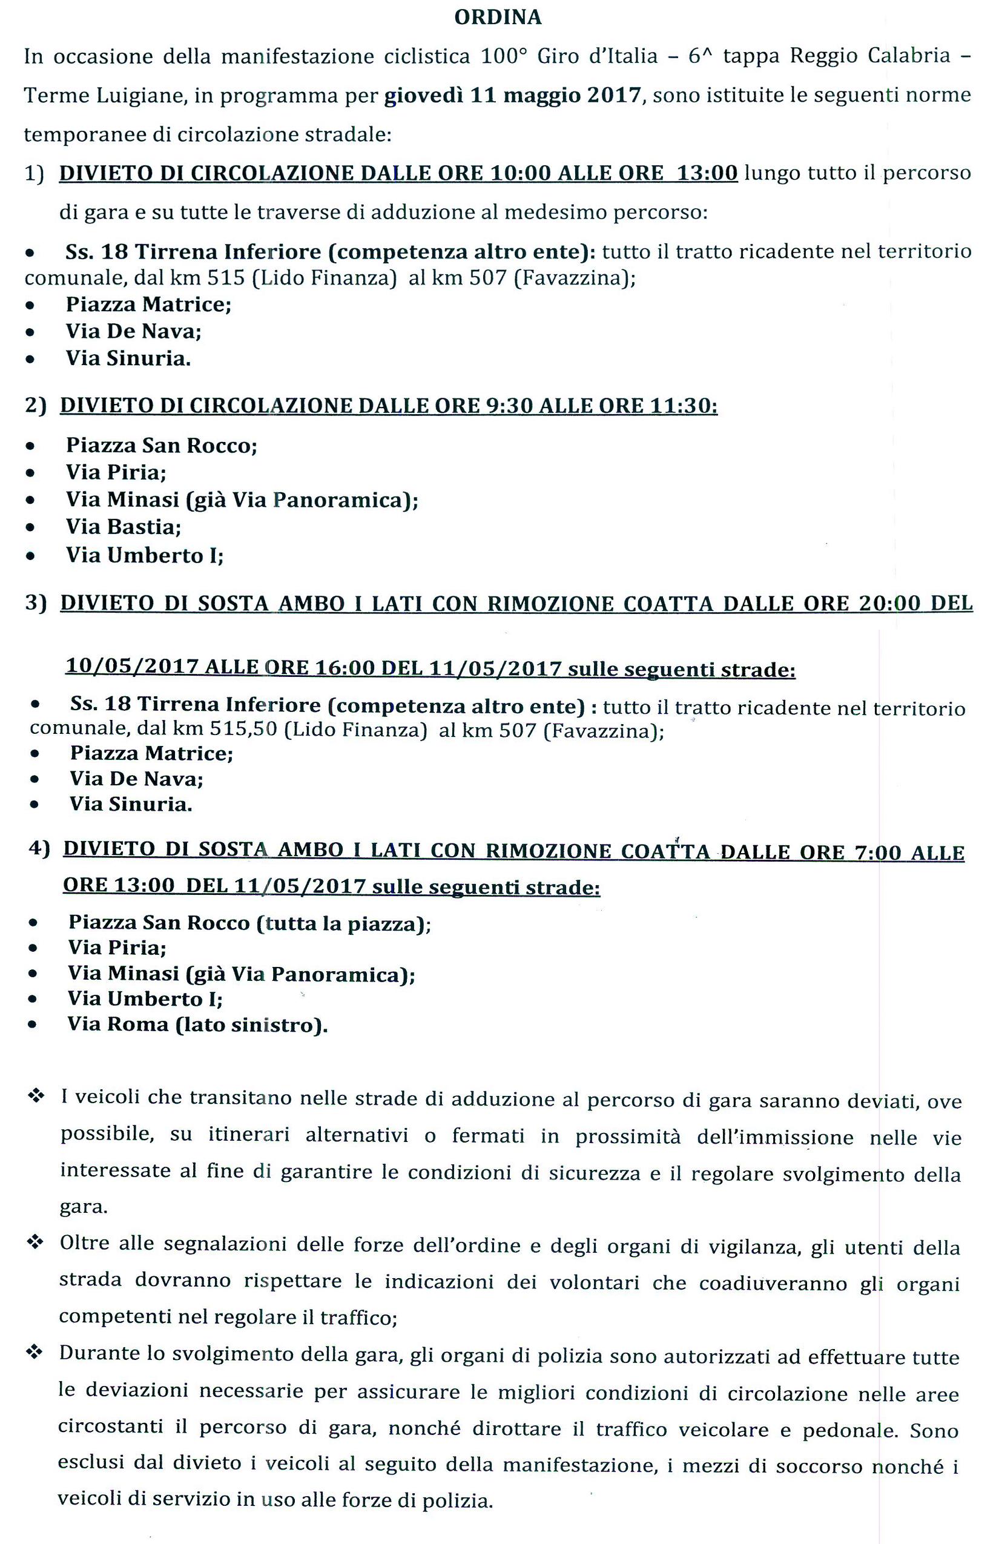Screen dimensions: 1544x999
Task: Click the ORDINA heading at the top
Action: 498,18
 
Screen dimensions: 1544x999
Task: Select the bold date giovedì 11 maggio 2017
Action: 512,96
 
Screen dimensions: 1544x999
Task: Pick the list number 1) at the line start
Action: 35,174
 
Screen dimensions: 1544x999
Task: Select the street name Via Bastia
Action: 124,527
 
